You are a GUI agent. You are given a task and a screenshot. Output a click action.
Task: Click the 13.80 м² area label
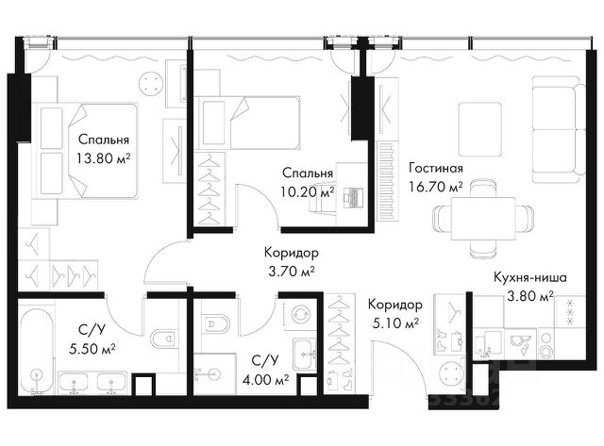pyautogui.click(x=103, y=158)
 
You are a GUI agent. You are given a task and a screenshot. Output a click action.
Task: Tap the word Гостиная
pyautogui.click(x=436, y=168)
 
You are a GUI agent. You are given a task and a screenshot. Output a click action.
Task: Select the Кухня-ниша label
pyautogui.click(x=530, y=277)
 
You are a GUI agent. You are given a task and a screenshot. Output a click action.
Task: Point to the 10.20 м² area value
pyautogui.click(x=307, y=191)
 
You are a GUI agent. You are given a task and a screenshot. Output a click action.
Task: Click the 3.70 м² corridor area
pyautogui.click(x=292, y=272)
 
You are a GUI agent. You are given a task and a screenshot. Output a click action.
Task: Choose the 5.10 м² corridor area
pyautogui.click(x=395, y=323)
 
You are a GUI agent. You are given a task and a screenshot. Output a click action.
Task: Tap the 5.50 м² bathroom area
pyautogui.click(x=92, y=349)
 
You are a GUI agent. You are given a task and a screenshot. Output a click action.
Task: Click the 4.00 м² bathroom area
pyautogui.click(x=266, y=380)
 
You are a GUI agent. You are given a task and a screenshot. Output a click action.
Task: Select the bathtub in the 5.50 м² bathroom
pyautogui.click(x=36, y=350)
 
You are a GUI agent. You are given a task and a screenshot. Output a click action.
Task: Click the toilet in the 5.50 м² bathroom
pyautogui.click(x=163, y=339)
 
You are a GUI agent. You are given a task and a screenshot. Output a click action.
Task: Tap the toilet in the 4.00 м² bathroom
pyautogui.click(x=215, y=324)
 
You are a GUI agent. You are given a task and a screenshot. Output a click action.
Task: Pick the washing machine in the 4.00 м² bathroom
pyautogui.click(x=300, y=315)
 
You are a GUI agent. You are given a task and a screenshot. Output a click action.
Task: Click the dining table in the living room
pyautogui.click(x=483, y=218)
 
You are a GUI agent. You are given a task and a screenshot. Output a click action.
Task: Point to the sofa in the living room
pyautogui.click(x=559, y=129)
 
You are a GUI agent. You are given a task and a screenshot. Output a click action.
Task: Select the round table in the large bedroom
pyautogui.click(x=151, y=84)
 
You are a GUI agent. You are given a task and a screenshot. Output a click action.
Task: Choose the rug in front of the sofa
pyautogui.click(x=480, y=129)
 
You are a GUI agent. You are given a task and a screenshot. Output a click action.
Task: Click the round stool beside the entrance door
pyautogui.click(x=450, y=373)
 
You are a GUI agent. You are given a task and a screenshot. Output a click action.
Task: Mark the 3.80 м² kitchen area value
pyautogui.click(x=530, y=296)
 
